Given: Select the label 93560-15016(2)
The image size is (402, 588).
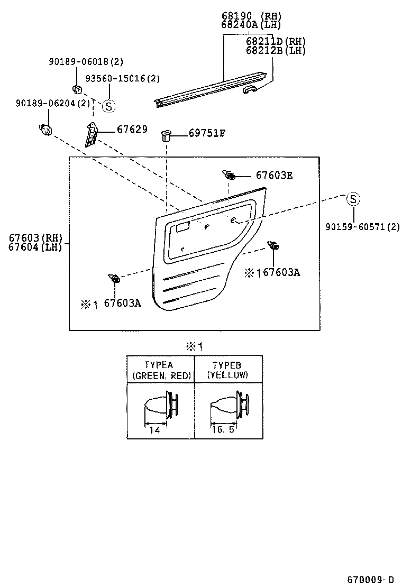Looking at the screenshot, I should (122, 78).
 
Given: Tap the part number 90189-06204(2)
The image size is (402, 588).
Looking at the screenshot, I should (52, 103).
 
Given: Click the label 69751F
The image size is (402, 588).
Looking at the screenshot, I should (207, 133).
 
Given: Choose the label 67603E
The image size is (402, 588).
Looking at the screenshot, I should (274, 174).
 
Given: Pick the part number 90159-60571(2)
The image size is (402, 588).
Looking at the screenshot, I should (362, 227).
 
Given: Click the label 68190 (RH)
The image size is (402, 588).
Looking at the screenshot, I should (251, 15).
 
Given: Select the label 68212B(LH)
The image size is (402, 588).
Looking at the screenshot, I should (276, 51).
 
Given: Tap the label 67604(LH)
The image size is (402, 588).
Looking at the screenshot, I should (35, 247).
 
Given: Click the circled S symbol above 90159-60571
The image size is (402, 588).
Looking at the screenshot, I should (353, 199).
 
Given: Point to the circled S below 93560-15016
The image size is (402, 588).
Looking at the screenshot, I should (108, 106).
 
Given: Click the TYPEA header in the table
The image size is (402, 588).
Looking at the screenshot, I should (159, 365).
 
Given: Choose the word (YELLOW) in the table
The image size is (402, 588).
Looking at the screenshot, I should (228, 375).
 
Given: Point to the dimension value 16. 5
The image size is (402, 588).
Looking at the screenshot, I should (222, 430).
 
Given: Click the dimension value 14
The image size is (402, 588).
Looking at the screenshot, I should (154, 430).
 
